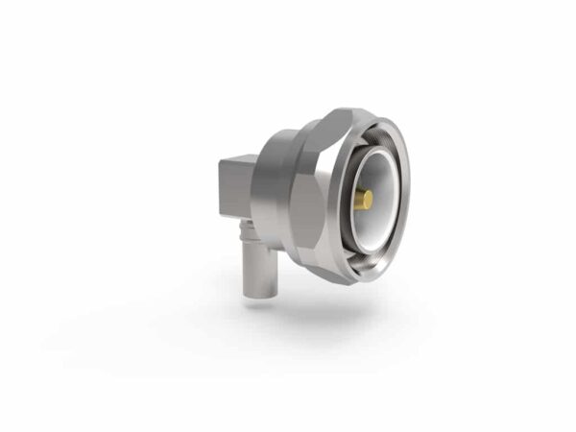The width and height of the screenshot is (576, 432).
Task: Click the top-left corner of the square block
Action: coord(218,164)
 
